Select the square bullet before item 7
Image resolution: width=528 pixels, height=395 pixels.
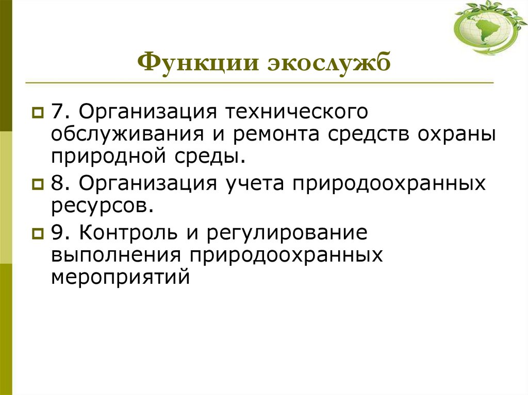tap(38, 112)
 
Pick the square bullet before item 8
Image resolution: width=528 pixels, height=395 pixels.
tap(38, 183)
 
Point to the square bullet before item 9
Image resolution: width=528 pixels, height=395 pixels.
tap(38, 233)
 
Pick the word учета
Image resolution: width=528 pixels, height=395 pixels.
tap(253, 183)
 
